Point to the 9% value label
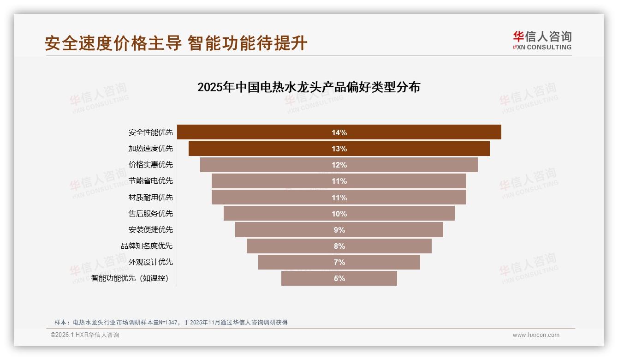point(339,230)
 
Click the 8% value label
point(339,246)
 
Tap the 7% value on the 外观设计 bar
point(339,262)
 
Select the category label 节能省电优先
point(151,181)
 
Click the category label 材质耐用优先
point(151,197)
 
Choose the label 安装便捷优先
point(151,229)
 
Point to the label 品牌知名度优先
point(147,246)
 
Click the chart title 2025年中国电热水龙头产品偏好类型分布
point(309,87)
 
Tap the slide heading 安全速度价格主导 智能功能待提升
point(176,43)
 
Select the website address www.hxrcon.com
point(536,335)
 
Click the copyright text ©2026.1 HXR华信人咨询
point(85,335)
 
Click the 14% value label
point(339,132)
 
